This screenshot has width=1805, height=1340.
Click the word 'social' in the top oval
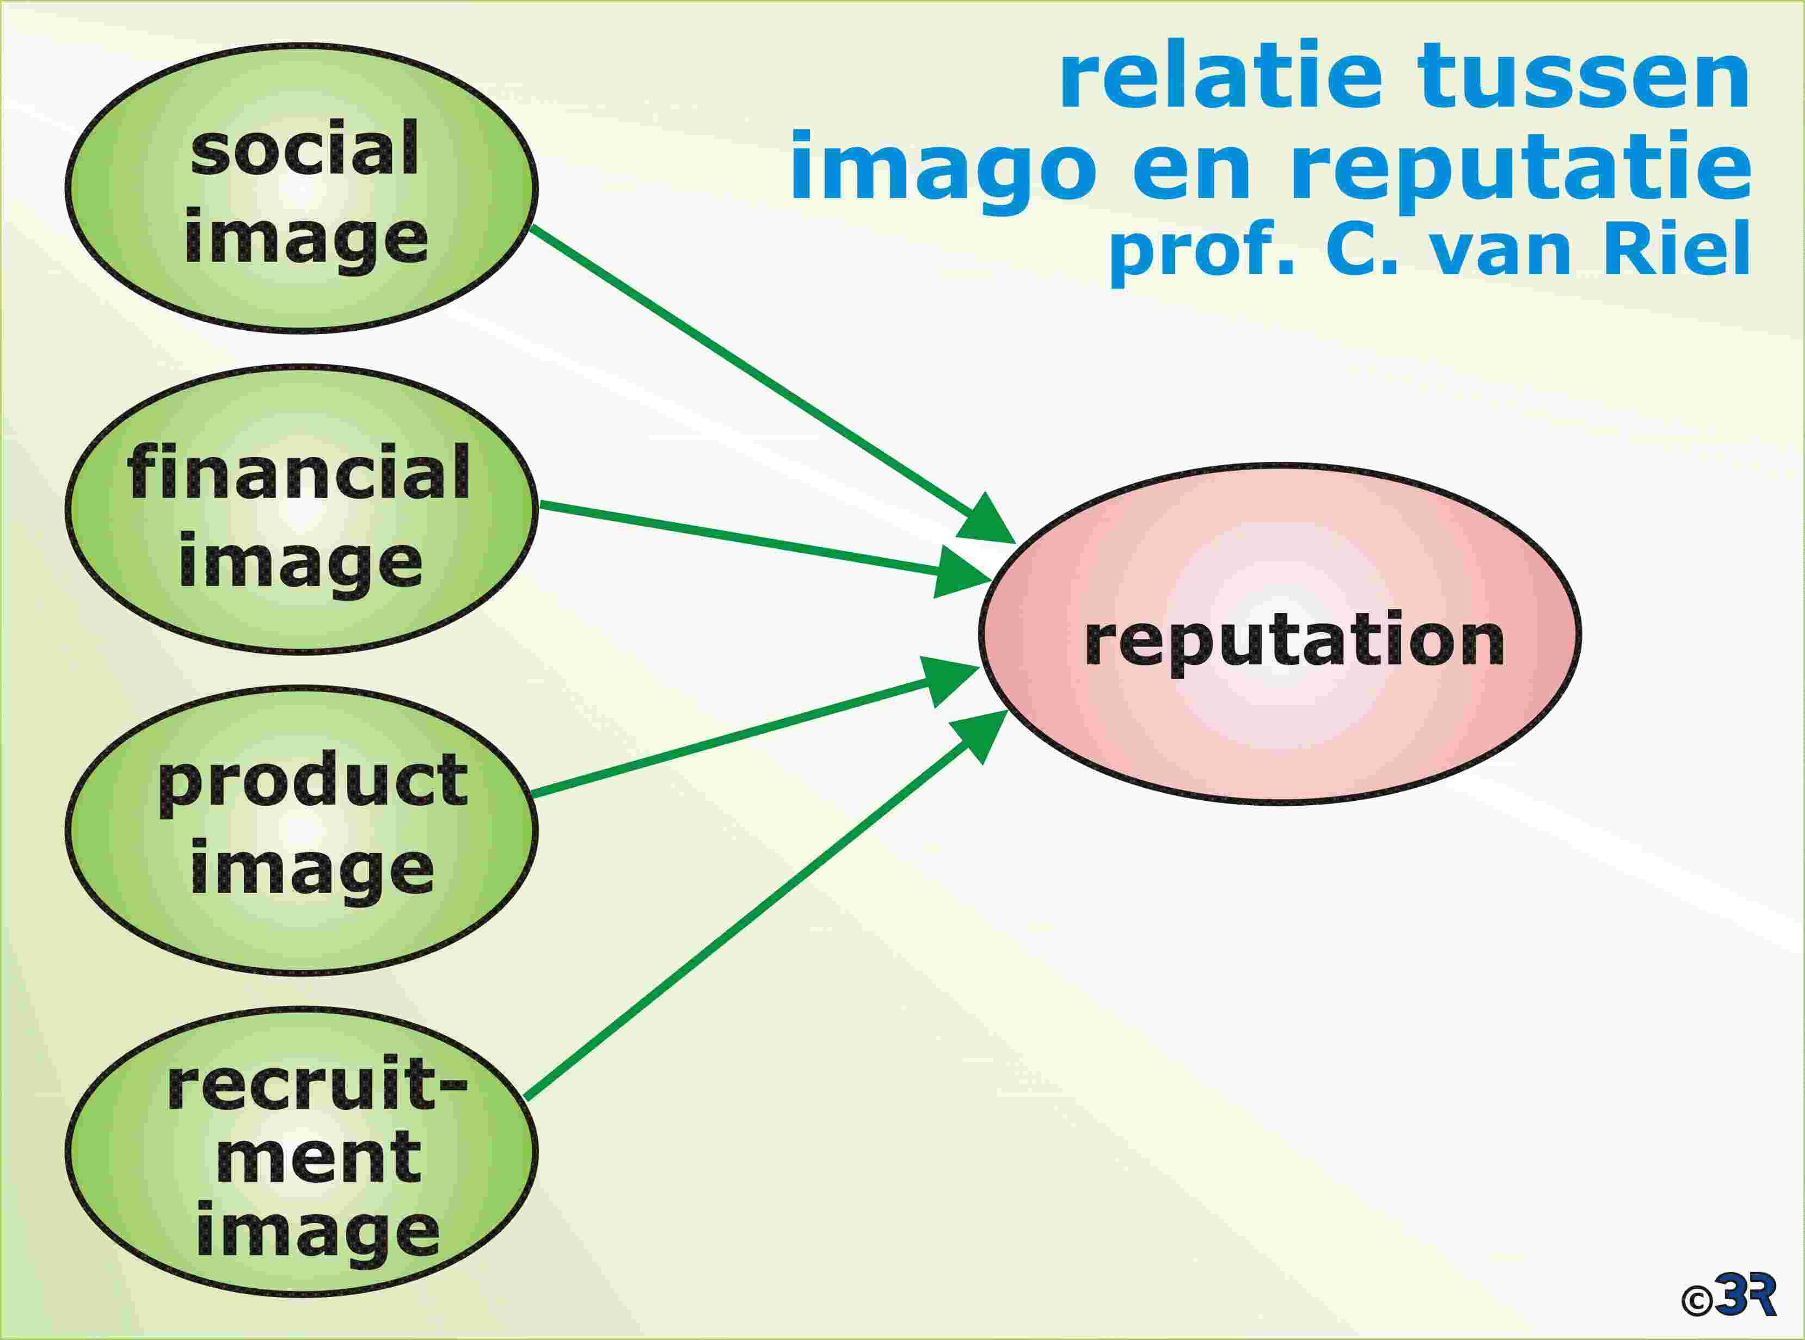click(x=304, y=149)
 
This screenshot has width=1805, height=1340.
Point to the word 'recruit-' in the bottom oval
click(x=317, y=1085)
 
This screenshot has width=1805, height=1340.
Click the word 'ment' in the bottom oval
click(x=318, y=1158)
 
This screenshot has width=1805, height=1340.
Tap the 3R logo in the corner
click(x=1745, y=1296)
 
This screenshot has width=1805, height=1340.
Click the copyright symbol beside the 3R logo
click(x=1697, y=1300)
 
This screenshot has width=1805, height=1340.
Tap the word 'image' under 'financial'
click(x=300, y=562)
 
